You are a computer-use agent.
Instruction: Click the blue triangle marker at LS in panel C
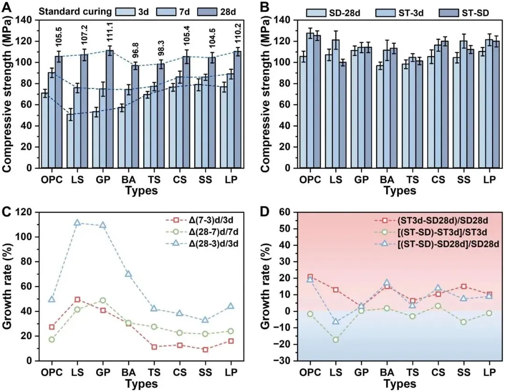pyautogui.click(x=77, y=223)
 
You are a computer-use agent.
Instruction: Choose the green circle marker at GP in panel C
pyautogui.click(x=103, y=300)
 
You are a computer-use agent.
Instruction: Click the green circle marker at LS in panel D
pyautogui.click(x=335, y=340)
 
